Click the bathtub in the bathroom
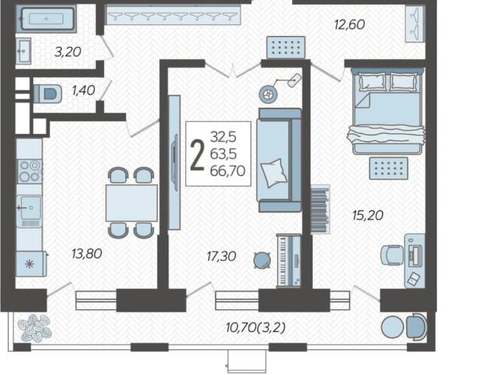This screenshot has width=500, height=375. (46, 19)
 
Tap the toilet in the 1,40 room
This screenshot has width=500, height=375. (48, 94)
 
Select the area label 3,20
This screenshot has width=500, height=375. (68, 52)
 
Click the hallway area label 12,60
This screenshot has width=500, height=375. (349, 24)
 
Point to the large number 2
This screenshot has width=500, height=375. (197, 156)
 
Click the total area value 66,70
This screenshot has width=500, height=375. (227, 171)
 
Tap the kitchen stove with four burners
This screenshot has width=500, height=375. (30, 171)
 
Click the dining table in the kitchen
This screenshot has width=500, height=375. (131, 203)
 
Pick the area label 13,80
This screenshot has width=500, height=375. (87, 254)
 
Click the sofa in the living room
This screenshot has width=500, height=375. (279, 159)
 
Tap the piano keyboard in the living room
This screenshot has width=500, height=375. (288, 260)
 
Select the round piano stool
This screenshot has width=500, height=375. (262, 260)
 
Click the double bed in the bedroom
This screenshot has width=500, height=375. (387, 110)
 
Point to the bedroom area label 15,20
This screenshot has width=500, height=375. (368, 216)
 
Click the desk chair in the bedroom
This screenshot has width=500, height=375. (392, 255)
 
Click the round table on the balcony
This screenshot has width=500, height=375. (392, 327)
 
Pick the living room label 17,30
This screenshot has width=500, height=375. (221, 256)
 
